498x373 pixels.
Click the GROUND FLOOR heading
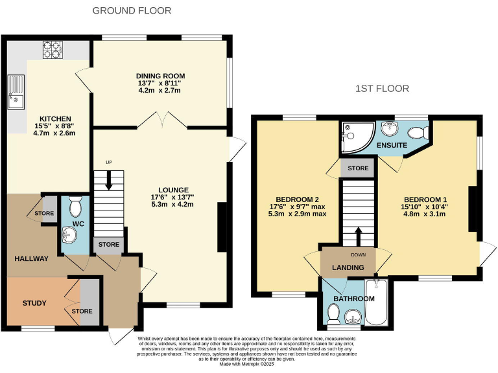132,10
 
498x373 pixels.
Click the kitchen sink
14,91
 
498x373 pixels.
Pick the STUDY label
34,302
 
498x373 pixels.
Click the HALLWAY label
32,258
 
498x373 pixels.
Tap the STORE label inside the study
82,311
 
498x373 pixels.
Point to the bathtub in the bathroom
375,302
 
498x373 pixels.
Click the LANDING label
348,267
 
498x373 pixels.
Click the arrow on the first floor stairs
358,234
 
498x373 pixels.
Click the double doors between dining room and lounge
161,120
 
